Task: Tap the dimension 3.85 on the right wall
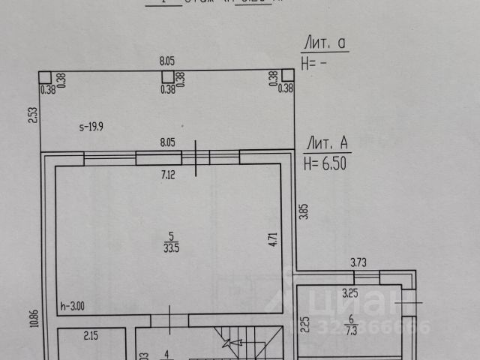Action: coord(304,212)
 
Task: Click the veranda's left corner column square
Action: coord(45,76)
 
